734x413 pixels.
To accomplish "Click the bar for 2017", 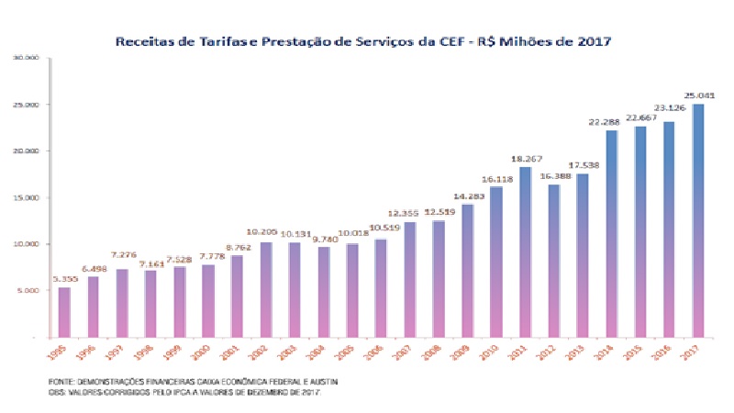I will point(698,220).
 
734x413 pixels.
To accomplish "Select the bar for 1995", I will point(64,312).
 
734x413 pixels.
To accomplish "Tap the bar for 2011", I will point(526,251).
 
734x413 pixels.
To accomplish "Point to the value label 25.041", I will point(699,95).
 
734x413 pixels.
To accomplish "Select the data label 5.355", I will point(64,278).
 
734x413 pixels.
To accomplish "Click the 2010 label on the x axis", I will point(493,352).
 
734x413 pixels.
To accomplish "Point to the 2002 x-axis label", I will point(261,352).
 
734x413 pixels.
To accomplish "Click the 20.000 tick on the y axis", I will point(25,151).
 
